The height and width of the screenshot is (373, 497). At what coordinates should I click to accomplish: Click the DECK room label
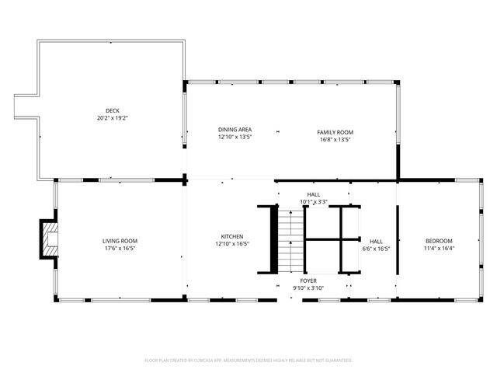[x=113, y=110]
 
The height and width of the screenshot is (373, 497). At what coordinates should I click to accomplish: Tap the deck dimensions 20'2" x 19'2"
[x=113, y=118]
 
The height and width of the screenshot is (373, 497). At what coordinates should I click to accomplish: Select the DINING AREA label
[x=235, y=130]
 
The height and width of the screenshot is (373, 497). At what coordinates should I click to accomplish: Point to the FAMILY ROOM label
[x=335, y=132]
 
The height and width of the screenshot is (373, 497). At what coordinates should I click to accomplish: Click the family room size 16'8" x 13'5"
[x=335, y=140]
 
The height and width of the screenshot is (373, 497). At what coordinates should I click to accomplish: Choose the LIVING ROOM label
[x=120, y=241]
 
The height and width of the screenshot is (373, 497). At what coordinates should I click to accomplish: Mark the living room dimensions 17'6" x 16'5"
[x=120, y=249]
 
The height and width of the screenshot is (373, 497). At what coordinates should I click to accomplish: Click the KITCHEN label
[x=232, y=236]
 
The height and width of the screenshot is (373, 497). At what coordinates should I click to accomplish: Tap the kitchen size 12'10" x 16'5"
[x=232, y=244]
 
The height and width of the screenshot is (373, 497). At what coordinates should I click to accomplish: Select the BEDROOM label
[x=438, y=241]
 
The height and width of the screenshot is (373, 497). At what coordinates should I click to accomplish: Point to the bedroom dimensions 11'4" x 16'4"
[x=438, y=249]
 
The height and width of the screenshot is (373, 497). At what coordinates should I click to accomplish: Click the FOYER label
[x=308, y=281]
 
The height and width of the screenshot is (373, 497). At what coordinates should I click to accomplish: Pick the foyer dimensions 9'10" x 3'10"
[x=308, y=288]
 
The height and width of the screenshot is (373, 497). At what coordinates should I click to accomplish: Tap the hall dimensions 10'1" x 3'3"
[x=314, y=202]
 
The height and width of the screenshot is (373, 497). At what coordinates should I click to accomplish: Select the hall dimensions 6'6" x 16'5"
[x=377, y=249]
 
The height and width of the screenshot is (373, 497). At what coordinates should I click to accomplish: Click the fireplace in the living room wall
[x=50, y=239]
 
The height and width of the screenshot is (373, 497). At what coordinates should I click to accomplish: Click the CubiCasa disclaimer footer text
[x=248, y=361]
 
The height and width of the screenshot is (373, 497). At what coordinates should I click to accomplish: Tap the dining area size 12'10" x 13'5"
[x=235, y=138]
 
